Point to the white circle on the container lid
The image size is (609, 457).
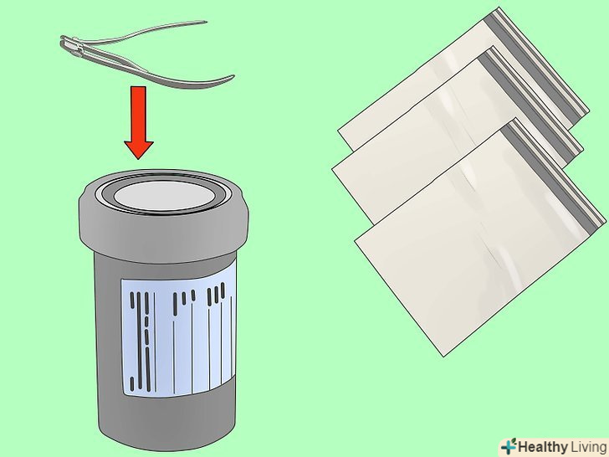click(165, 195)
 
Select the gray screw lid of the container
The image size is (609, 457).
click(164, 212)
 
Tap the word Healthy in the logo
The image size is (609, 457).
click(543, 447)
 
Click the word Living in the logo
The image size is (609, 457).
click(588, 447)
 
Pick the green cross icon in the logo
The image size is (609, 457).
click(508, 446)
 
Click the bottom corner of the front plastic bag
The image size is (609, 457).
click(443, 356)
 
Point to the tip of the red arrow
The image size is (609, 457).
click(139, 159)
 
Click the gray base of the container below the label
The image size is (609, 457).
click(167, 419)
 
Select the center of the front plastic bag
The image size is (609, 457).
click(480, 237)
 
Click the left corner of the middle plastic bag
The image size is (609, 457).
click(332, 169)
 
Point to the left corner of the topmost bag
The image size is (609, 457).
click(338, 132)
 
